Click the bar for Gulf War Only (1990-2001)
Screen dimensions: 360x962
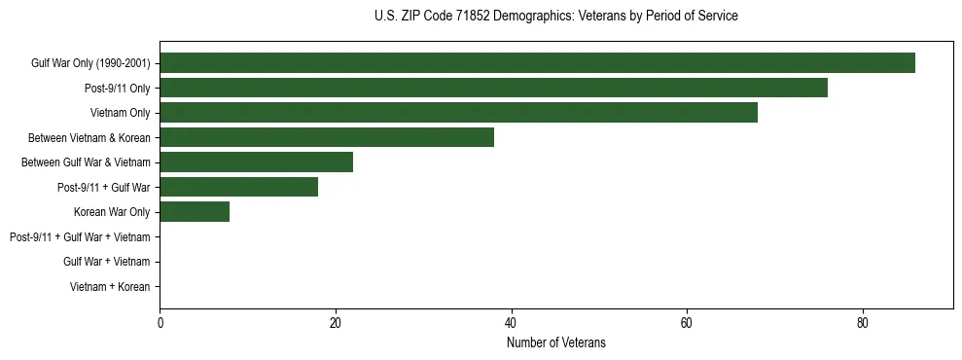pos(537,63)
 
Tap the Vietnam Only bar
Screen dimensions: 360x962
pos(458,113)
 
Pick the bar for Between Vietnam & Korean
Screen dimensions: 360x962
pos(327,137)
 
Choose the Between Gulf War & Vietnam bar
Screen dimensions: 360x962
pos(256,162)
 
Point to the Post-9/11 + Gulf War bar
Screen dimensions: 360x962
pos(238,187)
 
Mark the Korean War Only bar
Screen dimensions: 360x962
pos(195,212)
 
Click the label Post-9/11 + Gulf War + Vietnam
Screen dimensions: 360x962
pos(80,236)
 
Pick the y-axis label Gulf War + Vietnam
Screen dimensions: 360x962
pos(107,262)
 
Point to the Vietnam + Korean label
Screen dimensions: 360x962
pos(110,287)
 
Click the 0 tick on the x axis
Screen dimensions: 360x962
pos(160,322)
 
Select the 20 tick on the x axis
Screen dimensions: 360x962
pos(336,322)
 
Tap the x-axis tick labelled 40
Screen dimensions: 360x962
pos(511,322)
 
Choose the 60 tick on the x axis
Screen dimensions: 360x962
pos(687,322)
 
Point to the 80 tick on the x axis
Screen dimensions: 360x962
pos(863,322)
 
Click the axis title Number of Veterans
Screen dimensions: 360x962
pos(556,342)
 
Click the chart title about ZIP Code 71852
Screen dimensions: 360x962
pos(556,17)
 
